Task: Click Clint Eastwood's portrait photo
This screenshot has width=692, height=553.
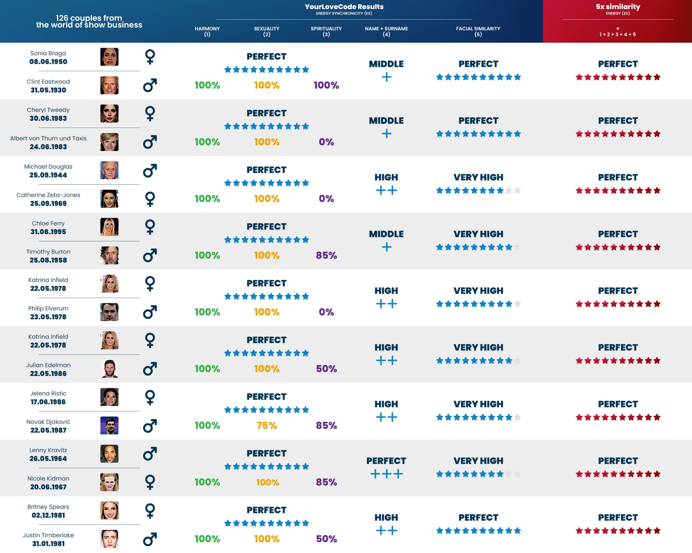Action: [109, 85]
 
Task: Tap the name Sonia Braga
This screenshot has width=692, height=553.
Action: [48, 53]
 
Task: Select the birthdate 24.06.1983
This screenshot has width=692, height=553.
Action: [48, 147]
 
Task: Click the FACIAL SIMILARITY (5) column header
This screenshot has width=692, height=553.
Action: [478, 31]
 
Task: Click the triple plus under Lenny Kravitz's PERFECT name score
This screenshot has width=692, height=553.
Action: [387, 474]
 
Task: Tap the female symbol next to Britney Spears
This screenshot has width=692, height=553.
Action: [150, 510]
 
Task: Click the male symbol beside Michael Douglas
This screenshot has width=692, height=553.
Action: [150, 171]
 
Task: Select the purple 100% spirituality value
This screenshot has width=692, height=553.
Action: [326, 85]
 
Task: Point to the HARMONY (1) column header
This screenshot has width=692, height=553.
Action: [207, 31]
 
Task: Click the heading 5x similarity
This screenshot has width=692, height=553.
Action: [618, 7]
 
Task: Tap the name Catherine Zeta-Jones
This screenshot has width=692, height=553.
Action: [48, 195]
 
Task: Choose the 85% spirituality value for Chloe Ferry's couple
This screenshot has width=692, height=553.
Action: [326, 255]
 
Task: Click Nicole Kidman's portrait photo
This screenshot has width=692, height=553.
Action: [109, 482]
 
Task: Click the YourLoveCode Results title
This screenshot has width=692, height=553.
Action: [344, 7]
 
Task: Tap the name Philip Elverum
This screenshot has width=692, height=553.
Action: [48, 308]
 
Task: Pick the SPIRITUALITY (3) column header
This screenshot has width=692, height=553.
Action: [326, 31]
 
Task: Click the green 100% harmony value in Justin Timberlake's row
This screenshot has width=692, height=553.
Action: [207, 539]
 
